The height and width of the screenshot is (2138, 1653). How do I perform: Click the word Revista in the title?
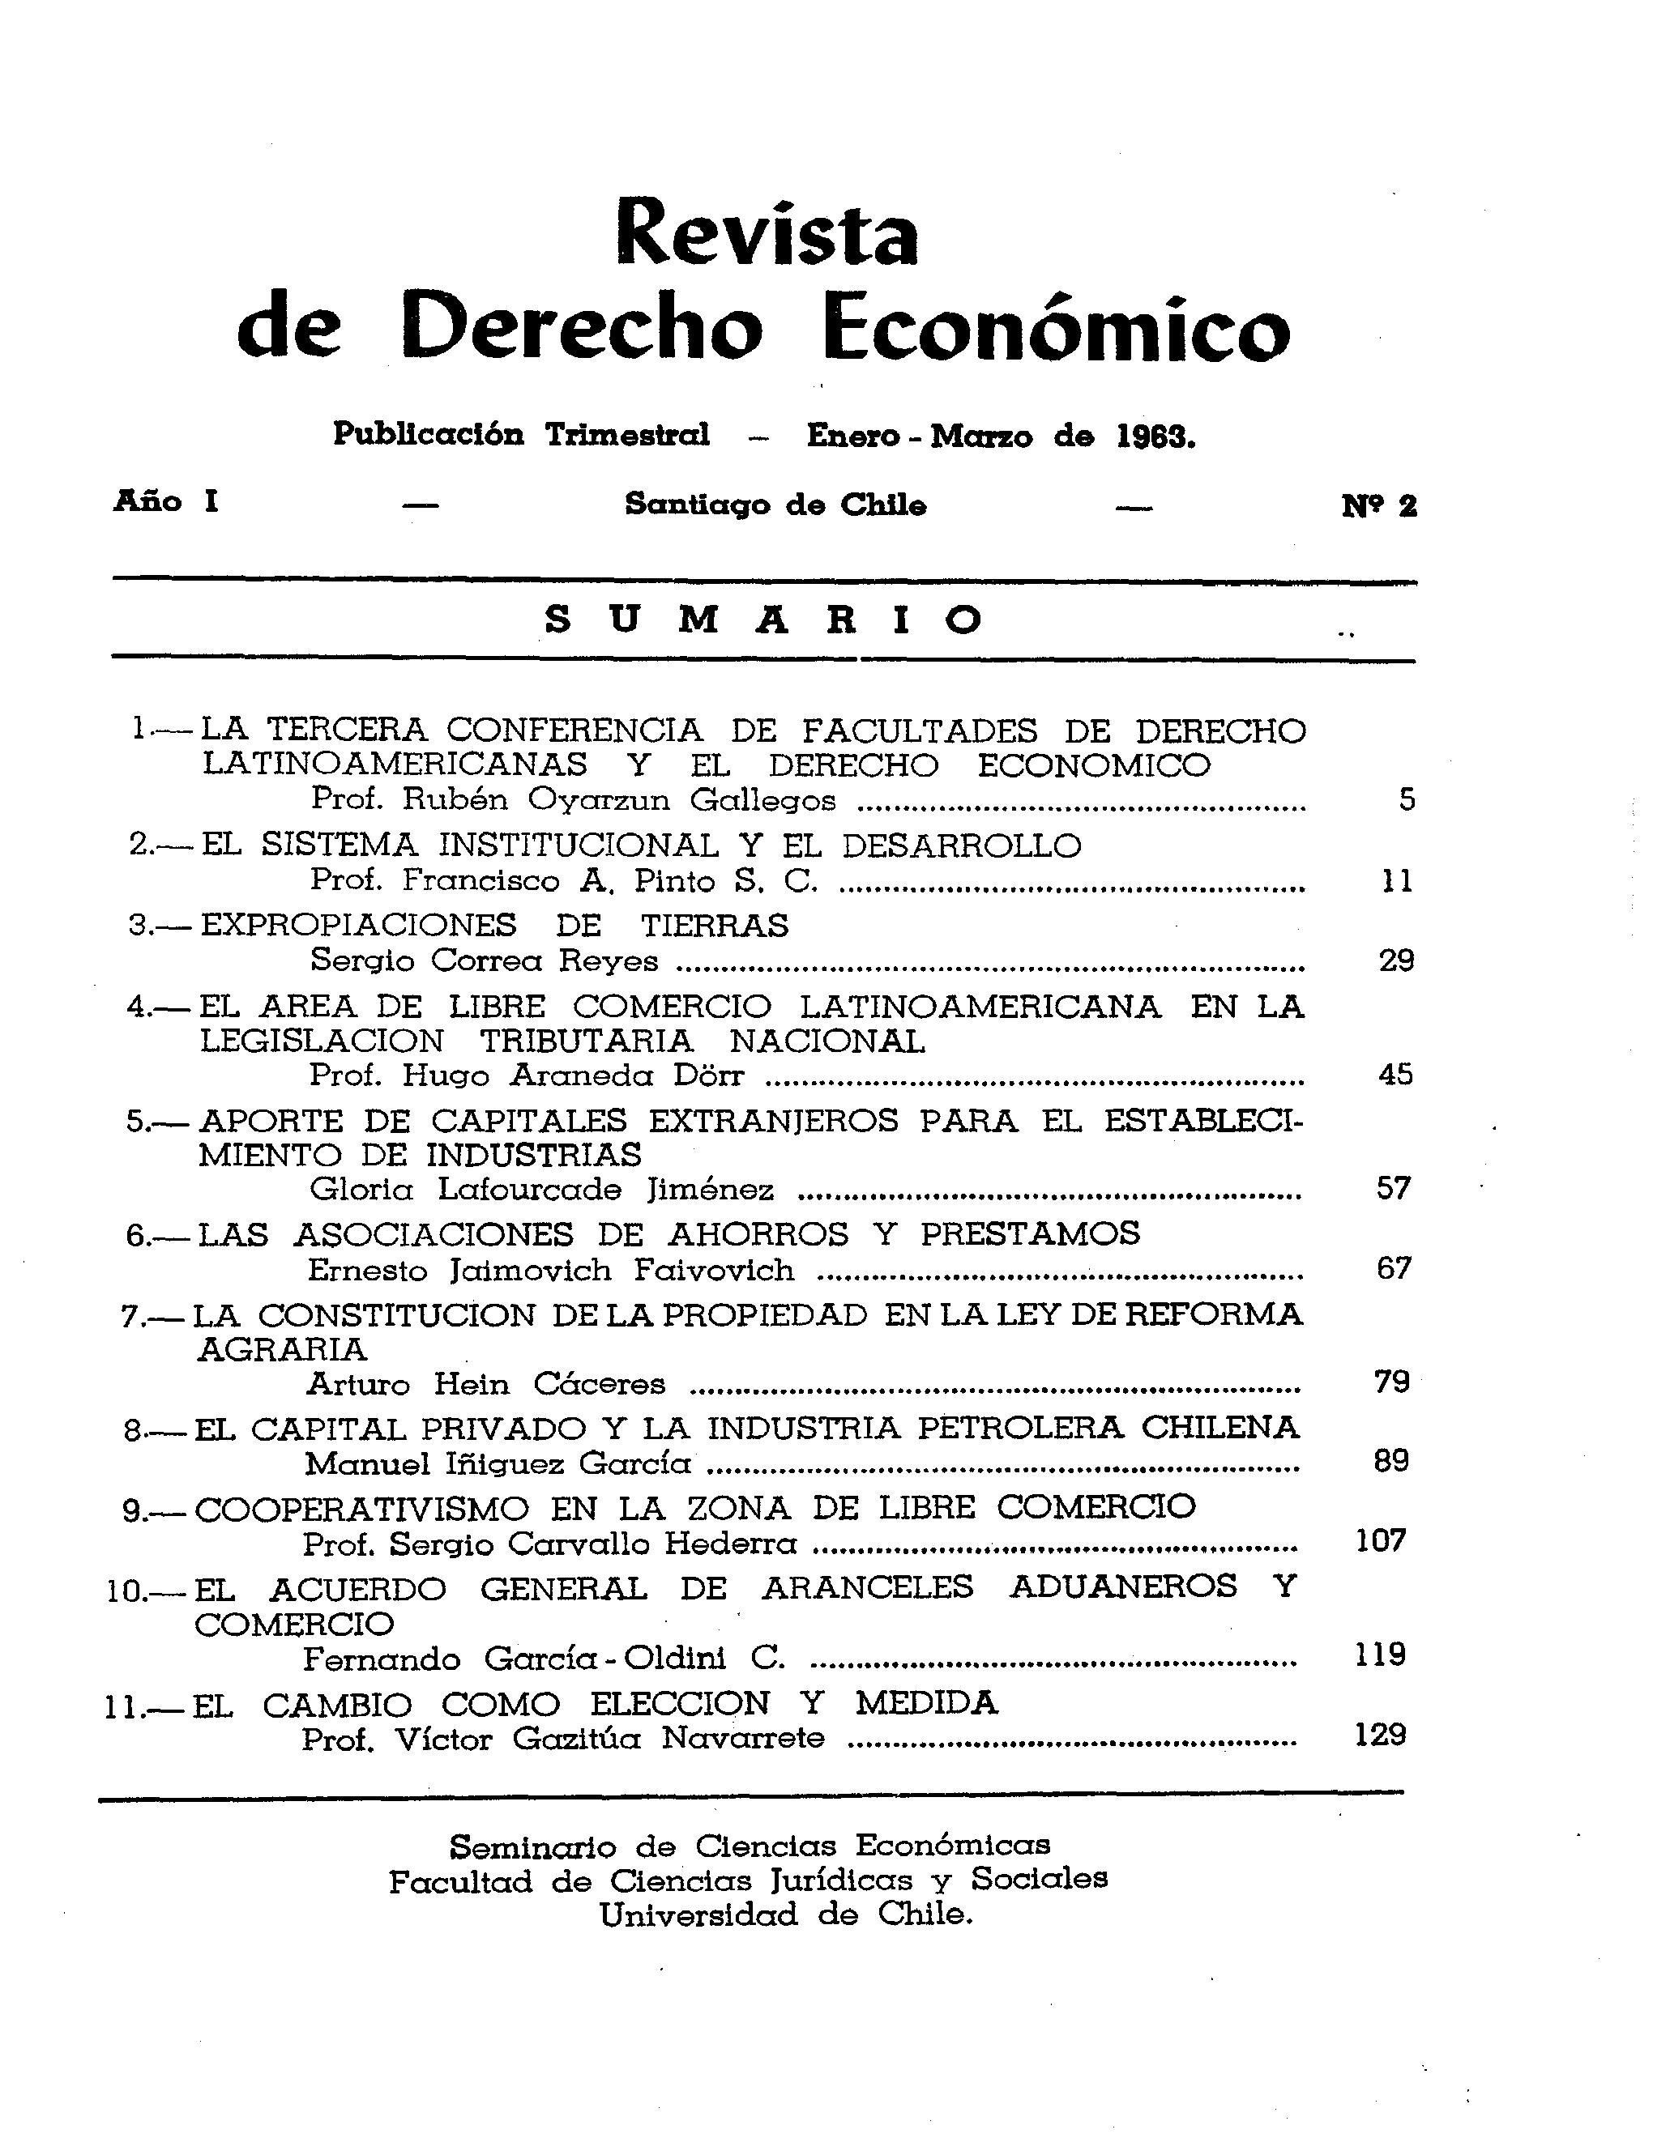[767, 234]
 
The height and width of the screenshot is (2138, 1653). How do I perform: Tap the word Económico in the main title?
[1055, 326]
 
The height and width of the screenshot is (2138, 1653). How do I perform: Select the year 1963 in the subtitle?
[1155, 437]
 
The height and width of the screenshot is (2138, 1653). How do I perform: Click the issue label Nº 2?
[1379, 505]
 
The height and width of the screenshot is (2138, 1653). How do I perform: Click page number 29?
[1396, 960]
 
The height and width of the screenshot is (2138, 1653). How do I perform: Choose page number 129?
[1381, 1735]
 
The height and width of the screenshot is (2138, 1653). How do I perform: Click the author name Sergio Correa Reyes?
[485, 960]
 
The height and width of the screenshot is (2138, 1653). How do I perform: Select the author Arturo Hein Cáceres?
[485, 1384]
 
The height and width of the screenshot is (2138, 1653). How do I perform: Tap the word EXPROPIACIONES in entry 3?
[358, 925]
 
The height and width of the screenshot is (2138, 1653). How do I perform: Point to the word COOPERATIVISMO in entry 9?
[361, 1509]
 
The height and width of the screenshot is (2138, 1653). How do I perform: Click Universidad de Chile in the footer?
[786, 1914]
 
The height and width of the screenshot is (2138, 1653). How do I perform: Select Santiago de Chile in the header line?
[775, 505]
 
